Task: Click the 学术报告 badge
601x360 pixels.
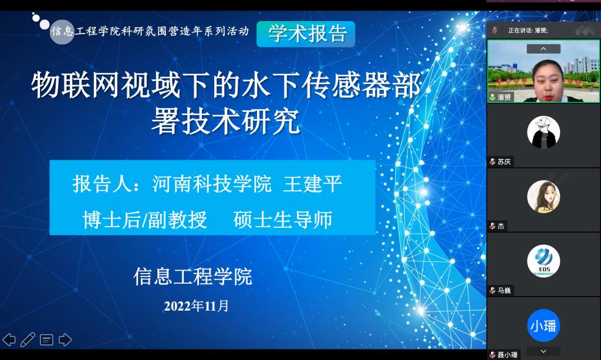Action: [306, 33]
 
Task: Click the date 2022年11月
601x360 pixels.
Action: [196, 306]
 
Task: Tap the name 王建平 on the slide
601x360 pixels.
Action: [312, 183]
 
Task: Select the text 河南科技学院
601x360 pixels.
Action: [212, 183]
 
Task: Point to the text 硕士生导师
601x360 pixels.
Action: [283, 220]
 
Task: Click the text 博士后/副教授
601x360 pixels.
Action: [144, 220]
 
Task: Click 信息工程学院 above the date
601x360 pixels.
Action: [193, 277]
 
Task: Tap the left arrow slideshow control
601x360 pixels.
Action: [9, 339]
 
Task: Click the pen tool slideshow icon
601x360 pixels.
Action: [28, 339]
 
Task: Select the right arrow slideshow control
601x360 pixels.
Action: [65, 339]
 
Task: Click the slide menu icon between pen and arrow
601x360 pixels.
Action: [46, 339]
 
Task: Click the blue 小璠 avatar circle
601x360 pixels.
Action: [543, 325]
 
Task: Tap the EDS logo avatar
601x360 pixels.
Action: [543, 261]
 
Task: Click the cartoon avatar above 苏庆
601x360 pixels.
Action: [543, 132]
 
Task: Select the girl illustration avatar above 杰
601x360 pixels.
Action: [543, 197]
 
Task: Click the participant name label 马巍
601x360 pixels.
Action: [504, 290]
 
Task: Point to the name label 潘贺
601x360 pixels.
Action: [504, 97]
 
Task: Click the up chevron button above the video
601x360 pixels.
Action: [543, 49]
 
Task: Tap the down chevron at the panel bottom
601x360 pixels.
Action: [543, 351]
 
